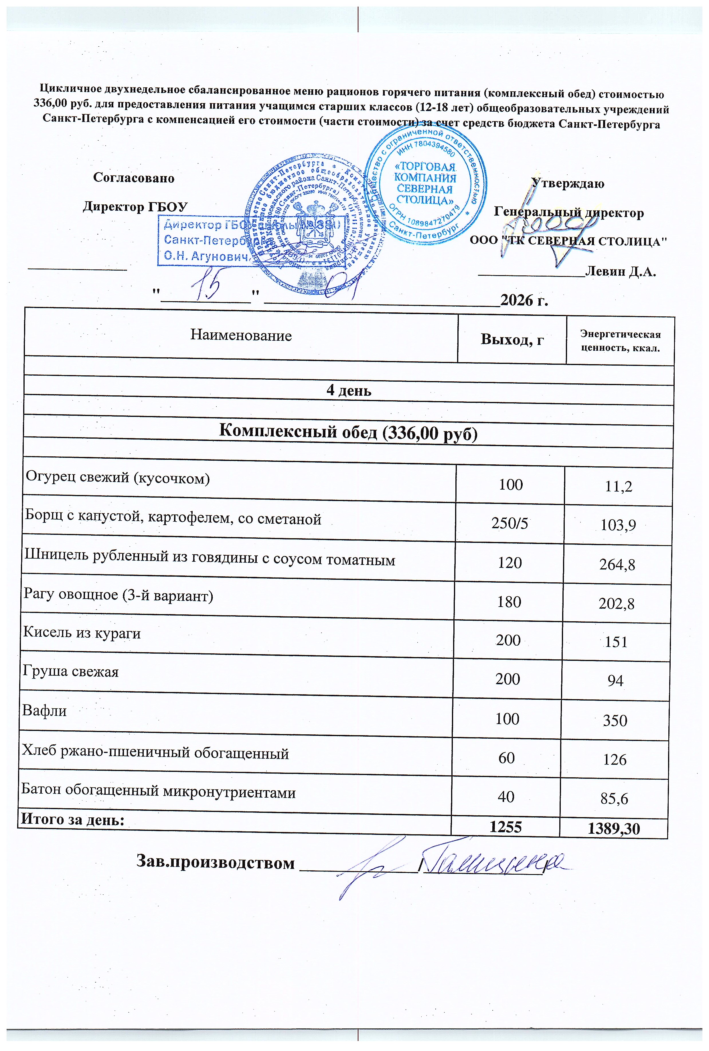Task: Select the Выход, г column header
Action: click(512, 339)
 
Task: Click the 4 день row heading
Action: click(349, 390)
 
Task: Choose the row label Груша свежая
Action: click(70, 672)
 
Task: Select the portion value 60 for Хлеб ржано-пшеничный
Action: click(506, 758)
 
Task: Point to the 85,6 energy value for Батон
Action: click(615, 799)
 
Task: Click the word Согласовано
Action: click(134, 178)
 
